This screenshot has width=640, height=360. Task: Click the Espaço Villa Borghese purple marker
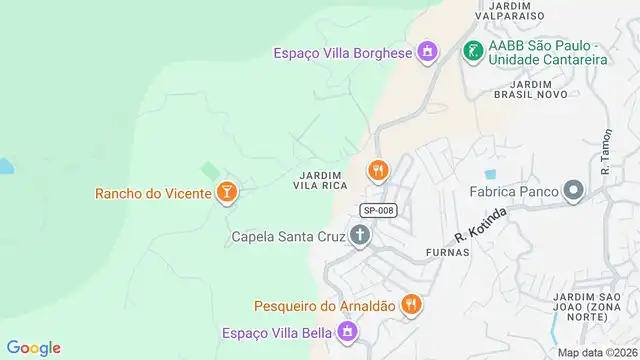coord(428,51)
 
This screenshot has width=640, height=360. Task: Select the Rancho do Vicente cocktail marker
coord(227,192)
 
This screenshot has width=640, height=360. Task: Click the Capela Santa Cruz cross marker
coord(360,236)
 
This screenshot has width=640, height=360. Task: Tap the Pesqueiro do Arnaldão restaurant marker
coord(410,304)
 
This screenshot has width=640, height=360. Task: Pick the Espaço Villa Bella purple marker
coord(348,330)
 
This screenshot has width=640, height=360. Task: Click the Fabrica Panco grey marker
coord(573,190)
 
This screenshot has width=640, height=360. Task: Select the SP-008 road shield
coord(379,210)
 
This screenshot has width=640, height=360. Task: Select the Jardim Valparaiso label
coord(509,11)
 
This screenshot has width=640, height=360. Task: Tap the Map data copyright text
coord(597,352)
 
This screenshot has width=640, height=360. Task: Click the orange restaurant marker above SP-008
coord(377,170)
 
